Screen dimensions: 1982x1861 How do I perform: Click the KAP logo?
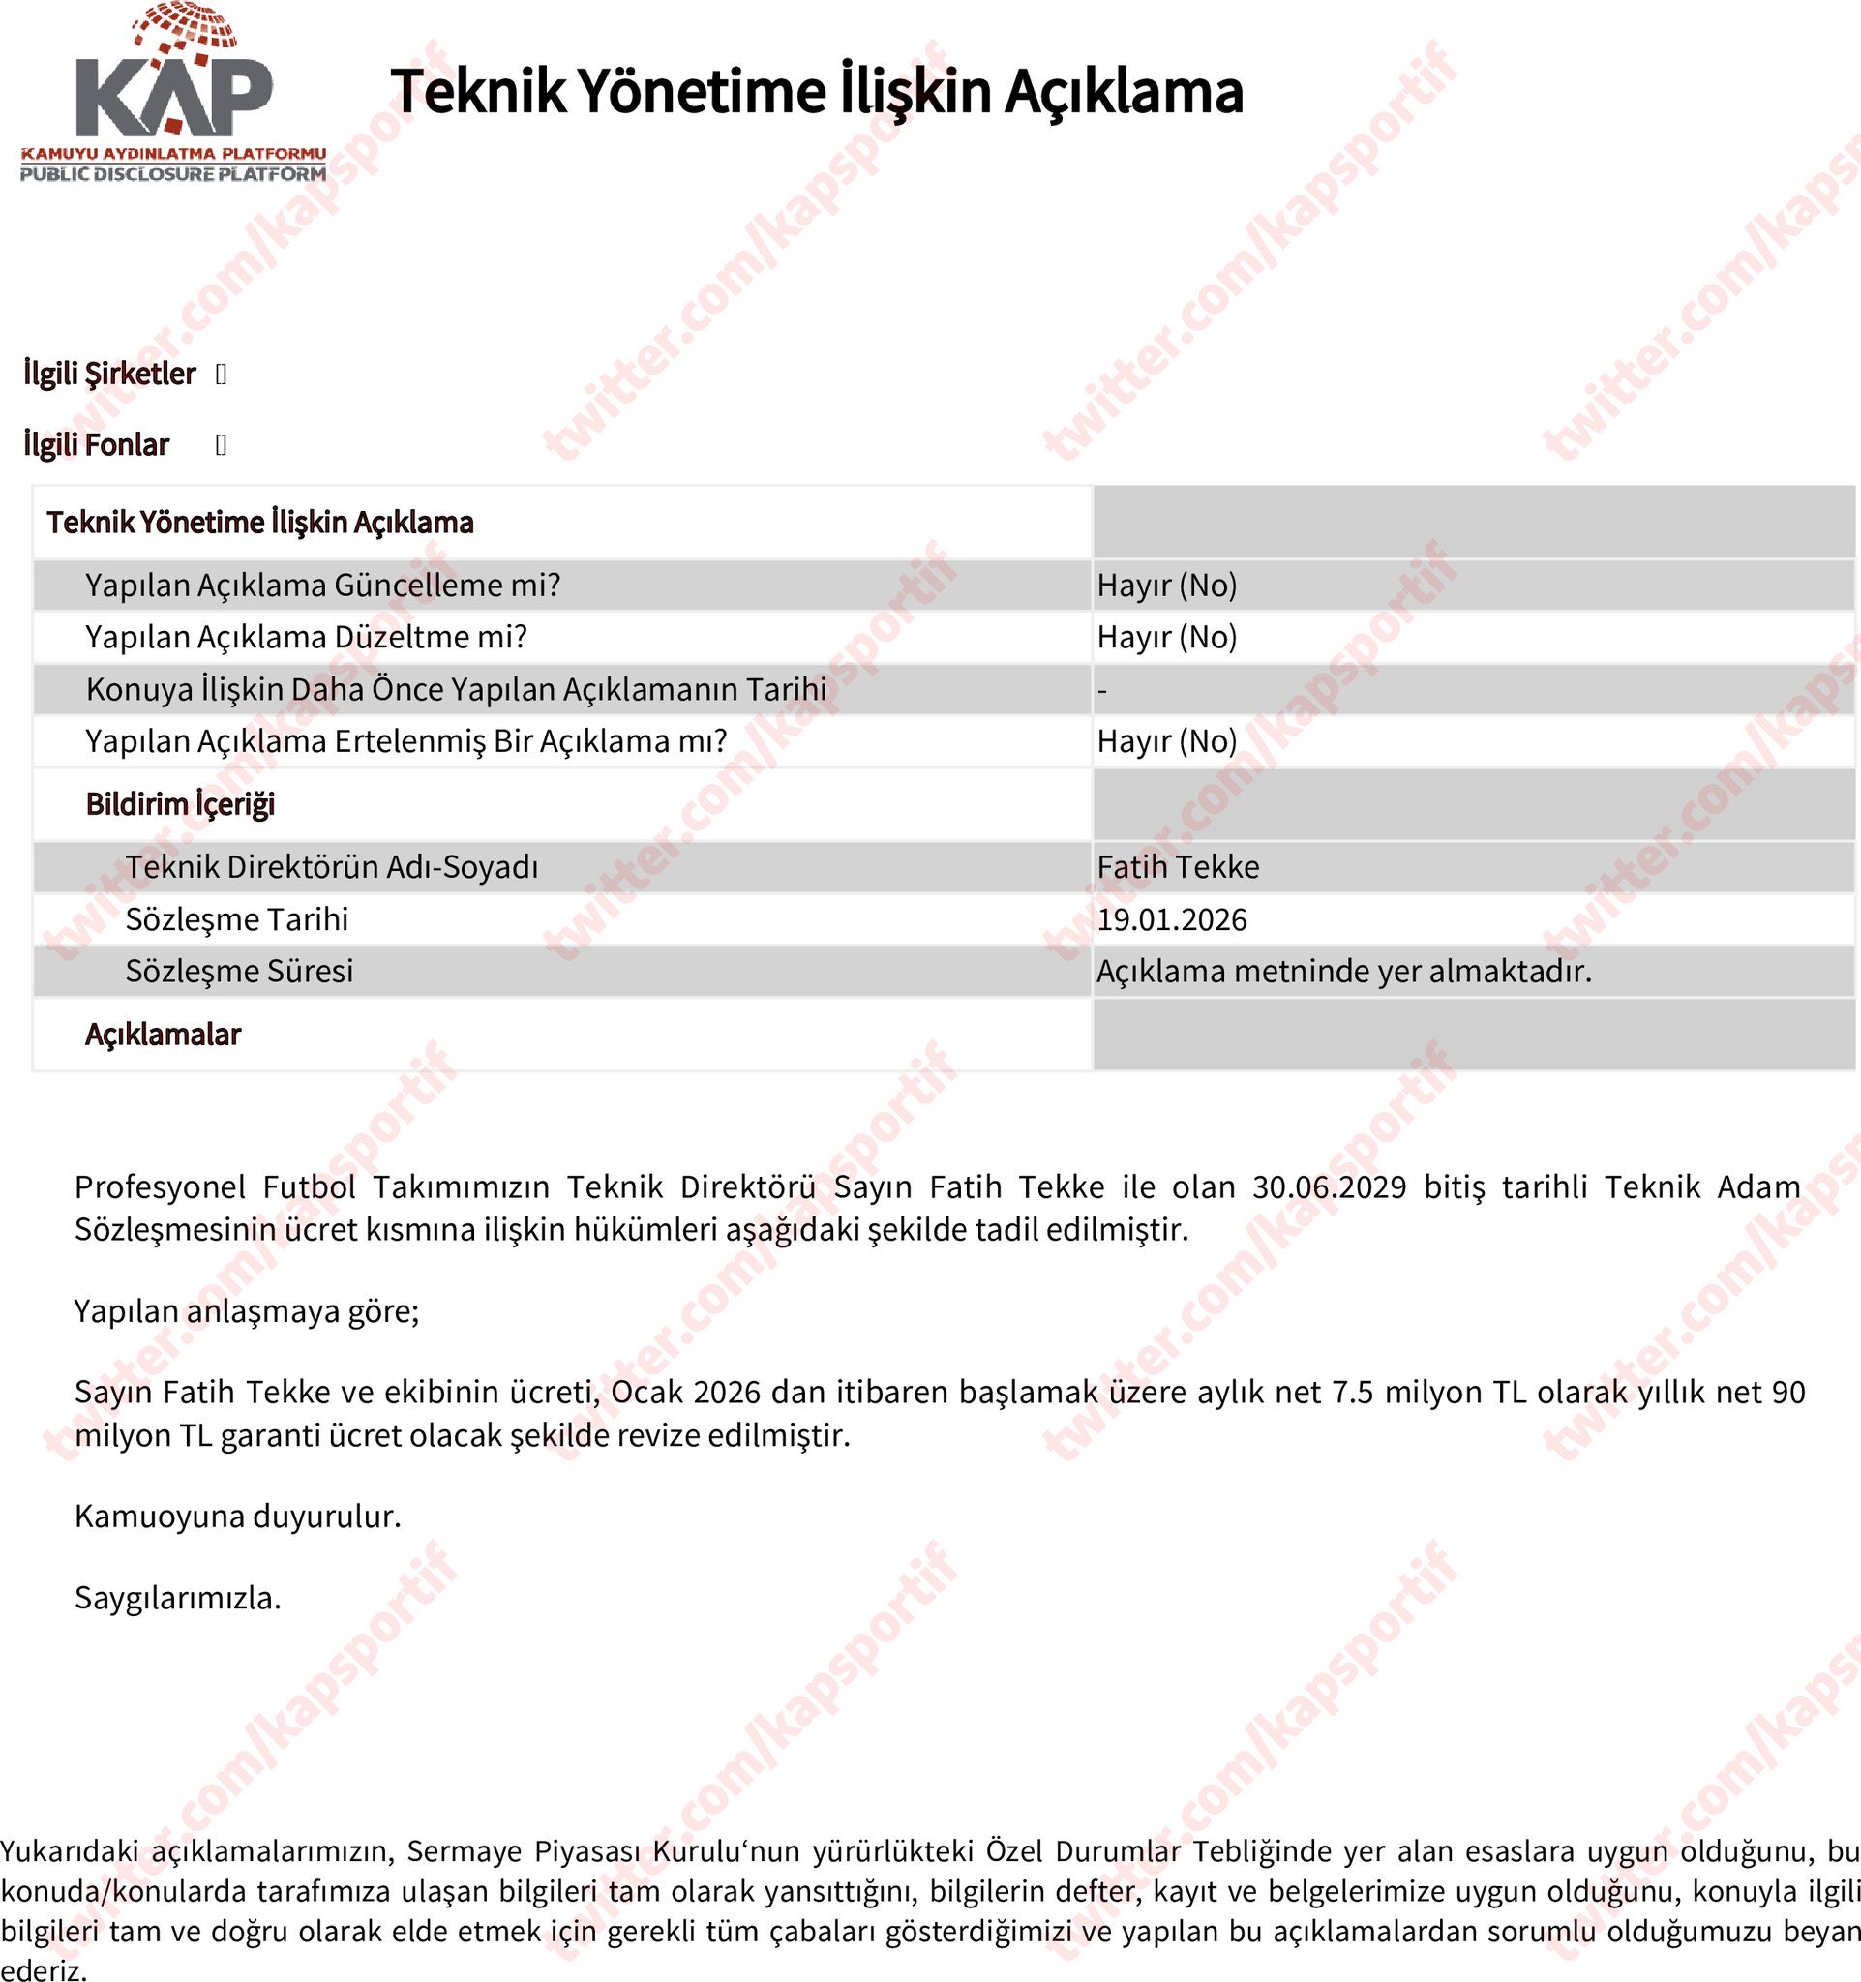(x=173, y=95)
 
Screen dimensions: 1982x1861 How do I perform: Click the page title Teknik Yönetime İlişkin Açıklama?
(x=817, y=92)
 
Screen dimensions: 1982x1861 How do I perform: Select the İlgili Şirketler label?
(x=109, y=374)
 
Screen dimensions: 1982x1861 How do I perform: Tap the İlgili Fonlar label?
(x=97, y=444)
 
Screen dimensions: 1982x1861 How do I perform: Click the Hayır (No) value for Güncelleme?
(x=1166, y=586)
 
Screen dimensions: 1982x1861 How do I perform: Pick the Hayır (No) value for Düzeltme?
(x=1166, y=637)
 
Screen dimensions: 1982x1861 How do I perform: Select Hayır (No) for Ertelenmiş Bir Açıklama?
(x=1166, y=741)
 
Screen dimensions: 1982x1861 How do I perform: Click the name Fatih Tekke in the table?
(x=1177, y=867)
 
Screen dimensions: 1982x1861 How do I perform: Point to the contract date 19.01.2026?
(x=1171, y=919)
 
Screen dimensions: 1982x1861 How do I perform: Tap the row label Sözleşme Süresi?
(x=239, y=971)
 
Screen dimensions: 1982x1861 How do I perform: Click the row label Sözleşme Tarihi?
(x=237, y=919)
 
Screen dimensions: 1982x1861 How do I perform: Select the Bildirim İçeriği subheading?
(x=179, y=804)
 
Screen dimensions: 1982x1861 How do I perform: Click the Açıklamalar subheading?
(x=163, y=1035)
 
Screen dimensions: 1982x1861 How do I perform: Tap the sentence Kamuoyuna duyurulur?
(x=237, y=1517)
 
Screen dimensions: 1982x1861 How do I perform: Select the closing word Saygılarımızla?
(x=177, y=1598)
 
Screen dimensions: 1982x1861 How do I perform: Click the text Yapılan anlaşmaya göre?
(x=246, y=1311)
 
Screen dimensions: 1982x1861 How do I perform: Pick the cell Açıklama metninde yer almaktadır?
(x=1343, y=971)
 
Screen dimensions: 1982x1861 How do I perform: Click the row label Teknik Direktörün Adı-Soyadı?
(x=332, y=867)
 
